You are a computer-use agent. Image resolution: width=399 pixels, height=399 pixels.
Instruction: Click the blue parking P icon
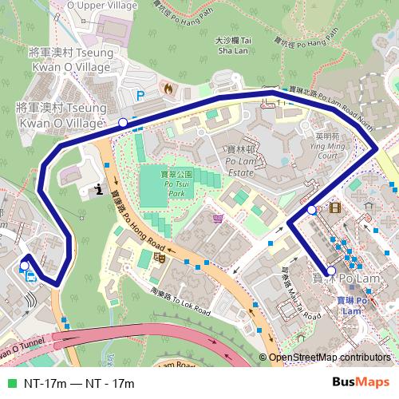141,95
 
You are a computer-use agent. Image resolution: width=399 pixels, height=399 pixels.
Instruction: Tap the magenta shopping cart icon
219,218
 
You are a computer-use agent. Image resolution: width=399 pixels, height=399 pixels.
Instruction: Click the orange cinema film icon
333,208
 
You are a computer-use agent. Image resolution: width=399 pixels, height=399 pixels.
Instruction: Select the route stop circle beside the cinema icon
312,210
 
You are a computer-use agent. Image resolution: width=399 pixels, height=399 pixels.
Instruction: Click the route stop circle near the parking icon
123,122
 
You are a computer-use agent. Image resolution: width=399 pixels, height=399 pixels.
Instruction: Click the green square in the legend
10,384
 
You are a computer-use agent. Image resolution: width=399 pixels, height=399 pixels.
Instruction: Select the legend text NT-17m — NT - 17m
78,384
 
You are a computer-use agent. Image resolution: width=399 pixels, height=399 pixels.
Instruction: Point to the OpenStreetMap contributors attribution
329,358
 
